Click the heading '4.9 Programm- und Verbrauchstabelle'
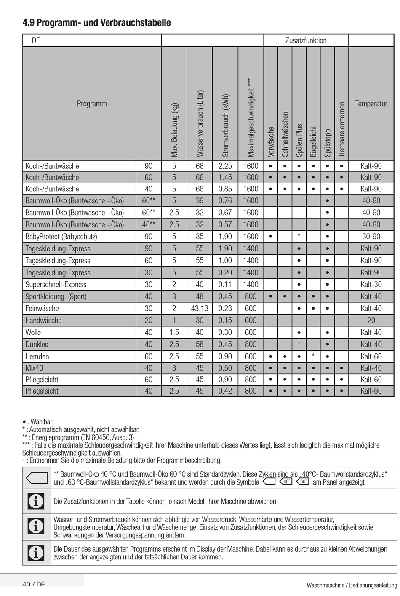(96, 23)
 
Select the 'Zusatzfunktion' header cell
(306, 40)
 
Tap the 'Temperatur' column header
(371, 104)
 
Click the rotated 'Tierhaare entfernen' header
(341, 129)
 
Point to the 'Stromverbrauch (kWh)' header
(225, 126)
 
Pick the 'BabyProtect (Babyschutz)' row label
(61, 237)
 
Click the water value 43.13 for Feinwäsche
(200, 309)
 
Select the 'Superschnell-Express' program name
(56, 285)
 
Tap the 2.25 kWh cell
(225, 166)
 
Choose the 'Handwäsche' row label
(43, 321)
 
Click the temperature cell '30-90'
(371, 237)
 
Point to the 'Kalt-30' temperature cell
(371, 285)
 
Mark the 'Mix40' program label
(34, 368)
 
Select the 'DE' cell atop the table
(36, 41)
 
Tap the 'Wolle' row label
(33, 333)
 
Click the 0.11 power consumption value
(225, 285)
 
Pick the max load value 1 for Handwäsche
(174, 321)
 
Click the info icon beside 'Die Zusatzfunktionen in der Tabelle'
(36, 502)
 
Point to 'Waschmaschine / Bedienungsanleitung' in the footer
(352, 585)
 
